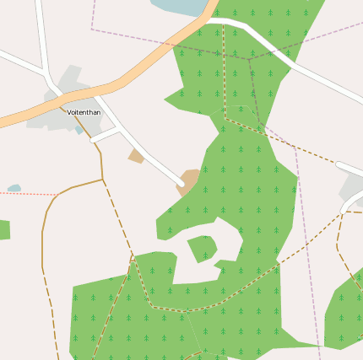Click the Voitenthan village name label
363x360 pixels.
[84, 112]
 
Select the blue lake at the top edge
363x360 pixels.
[180, 6]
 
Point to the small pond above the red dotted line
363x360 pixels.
[14, 188]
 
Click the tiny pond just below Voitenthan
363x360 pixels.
[79, 129]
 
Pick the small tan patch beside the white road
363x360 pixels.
[136, 156]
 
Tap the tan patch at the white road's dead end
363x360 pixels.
[190, 180]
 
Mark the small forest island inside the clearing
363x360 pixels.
[202, 248]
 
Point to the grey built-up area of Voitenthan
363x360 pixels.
[51, 114]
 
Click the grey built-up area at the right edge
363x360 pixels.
[353, 190]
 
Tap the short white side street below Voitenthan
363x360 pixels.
[106, 134]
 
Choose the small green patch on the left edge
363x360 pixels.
[3, 229]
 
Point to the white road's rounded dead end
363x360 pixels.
[181, 182]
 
